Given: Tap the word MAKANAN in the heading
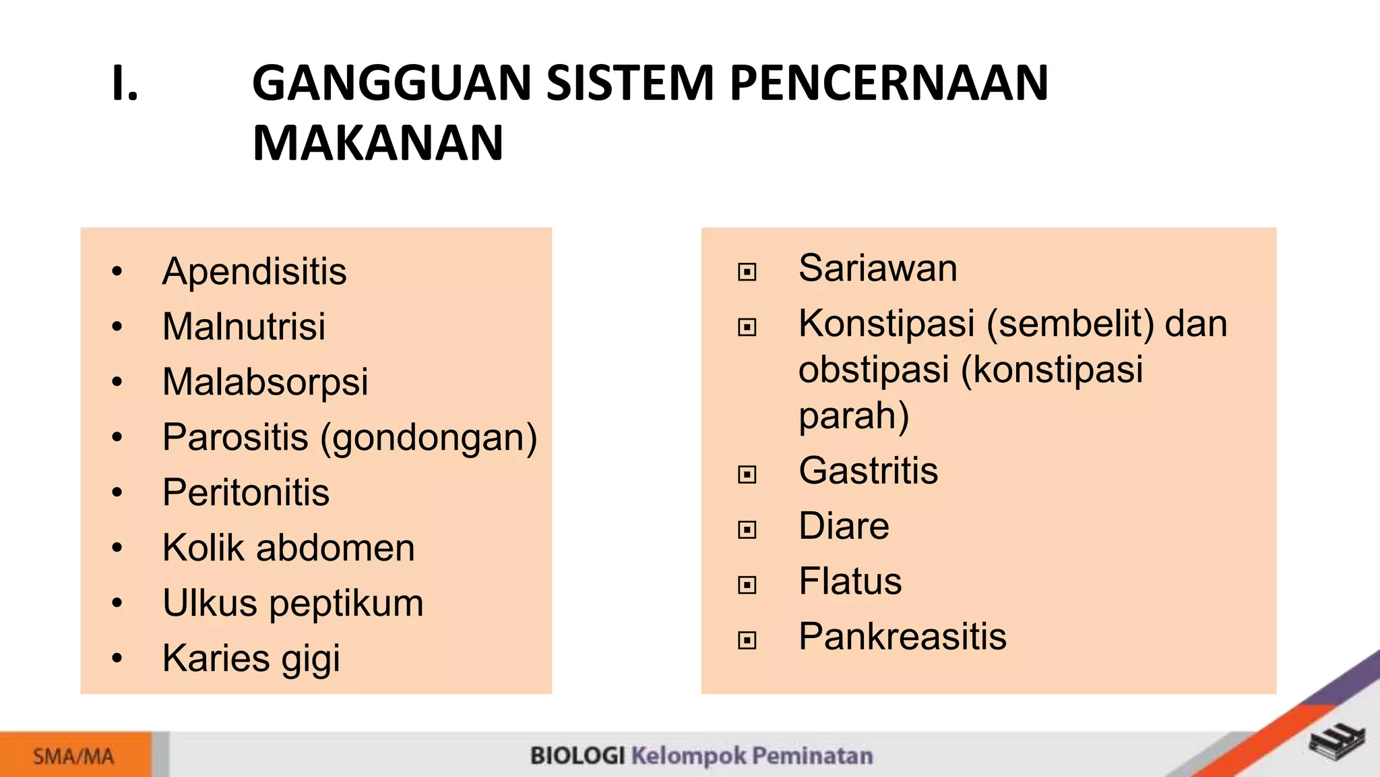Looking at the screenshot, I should (377, 143).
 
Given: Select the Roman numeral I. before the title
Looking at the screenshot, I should (125, 83).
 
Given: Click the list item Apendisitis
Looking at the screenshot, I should (254, 272).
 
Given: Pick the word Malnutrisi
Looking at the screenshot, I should (244, 326).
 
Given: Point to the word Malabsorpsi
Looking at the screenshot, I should (265, 382).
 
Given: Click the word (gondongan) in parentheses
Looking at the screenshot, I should (429, 438).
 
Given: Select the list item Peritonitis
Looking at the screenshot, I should (246, 492).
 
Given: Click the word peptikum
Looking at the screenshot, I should (346, 603).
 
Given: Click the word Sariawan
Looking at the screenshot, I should (877, 268).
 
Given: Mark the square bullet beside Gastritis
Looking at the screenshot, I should (747, 474).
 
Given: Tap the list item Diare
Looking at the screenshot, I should (844, 526).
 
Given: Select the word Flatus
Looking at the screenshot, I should (850, 581).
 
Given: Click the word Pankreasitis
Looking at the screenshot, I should (902, 637).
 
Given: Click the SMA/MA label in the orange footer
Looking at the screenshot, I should (73, 757).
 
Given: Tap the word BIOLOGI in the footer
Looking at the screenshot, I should (577, 756).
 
